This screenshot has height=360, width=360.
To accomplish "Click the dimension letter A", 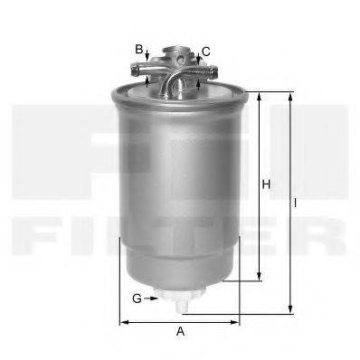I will [x=180, y=332].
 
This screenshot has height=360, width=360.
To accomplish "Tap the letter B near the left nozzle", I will [x=139, y=49].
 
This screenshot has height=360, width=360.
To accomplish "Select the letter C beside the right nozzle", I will [x=206, y=52].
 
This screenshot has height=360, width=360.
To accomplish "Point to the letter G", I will [x=137, y=298].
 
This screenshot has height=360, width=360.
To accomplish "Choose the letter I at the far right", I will [x=296, y=204].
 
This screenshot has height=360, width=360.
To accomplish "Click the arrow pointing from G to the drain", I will [x=149, y=298].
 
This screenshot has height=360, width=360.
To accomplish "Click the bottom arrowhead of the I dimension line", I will [x=289, y=308].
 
